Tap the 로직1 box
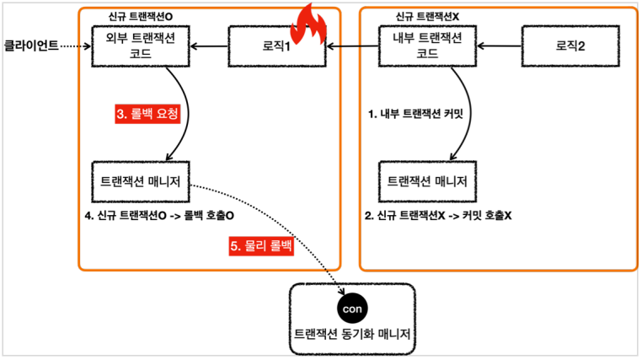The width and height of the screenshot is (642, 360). pyautogui.click(x=276, y=46)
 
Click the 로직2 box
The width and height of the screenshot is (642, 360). pyautogui.click(x=564, y=46)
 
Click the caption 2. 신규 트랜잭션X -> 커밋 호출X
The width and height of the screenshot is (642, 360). pyautogui.click(x=438, y=216)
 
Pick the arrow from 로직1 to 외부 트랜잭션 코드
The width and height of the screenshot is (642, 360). pyautogui.click(x=211, y=46)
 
